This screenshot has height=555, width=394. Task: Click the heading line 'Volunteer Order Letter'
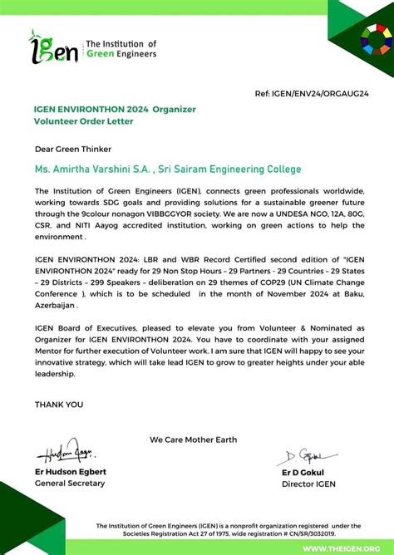[83, 121]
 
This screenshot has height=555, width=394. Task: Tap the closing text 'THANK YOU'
[59, 405]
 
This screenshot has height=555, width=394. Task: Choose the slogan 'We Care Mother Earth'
[193, 440]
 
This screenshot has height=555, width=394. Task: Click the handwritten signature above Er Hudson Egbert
[66, 454]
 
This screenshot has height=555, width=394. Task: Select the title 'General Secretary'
[70, 484]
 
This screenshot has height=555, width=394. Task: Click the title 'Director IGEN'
[308, 484]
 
